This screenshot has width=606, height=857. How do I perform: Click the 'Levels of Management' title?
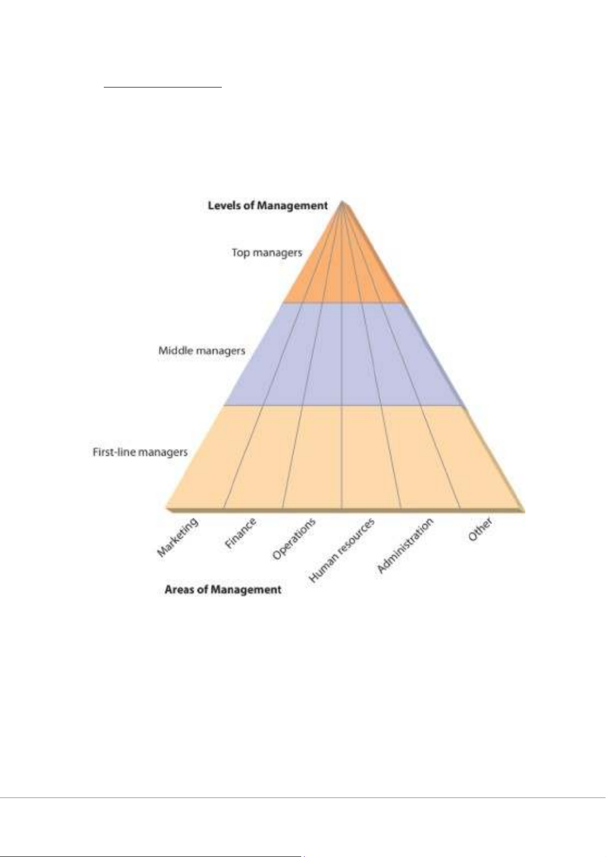(x=268, y=205)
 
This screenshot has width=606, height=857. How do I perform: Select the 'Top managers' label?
(x=267, y=252)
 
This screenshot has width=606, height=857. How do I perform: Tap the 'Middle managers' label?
(x=201, y=350)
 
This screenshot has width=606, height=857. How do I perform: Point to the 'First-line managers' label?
(x=140, y=452)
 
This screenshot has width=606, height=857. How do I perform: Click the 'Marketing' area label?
(x=177, y=537)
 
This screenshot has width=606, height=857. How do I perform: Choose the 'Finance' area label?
(x=240, y=533)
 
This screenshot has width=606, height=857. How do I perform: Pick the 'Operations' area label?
(x=294, y=539)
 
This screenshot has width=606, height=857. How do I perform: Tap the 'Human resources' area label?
(x=341, y=550)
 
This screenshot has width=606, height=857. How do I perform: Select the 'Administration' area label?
(x=405, y=545)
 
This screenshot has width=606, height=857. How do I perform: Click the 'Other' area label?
(x=480, y=529)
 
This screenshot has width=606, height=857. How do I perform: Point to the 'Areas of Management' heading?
(x=223, y=589)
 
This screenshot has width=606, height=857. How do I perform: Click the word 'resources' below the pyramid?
(x=356, y=536)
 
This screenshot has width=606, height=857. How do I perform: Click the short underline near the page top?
(x=163, y=87)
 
